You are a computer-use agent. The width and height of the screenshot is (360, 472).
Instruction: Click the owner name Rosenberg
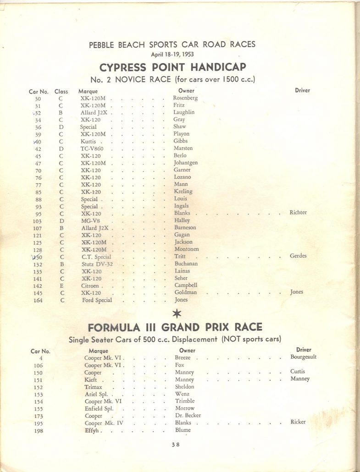click(x=185, y=98)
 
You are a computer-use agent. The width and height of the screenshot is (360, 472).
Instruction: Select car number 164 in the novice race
click(x=38, y=300)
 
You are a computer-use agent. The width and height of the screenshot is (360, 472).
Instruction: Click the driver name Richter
click(x=298, y=213)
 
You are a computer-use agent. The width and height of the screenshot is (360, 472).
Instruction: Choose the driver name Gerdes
click(x=298, y=256)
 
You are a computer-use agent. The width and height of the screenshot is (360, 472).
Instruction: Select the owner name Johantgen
click(x=186, y=163)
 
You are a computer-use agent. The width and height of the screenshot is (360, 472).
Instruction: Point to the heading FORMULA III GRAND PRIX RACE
click(x=175, y=328)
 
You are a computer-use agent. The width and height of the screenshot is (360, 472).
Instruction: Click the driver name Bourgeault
click(x=303, y=357)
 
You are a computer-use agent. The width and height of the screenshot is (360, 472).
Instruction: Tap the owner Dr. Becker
click(x=188, y=416)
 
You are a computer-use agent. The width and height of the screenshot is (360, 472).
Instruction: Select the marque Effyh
click(x=92, y=430)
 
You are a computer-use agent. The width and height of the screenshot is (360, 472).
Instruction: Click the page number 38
click(x=176, y=444)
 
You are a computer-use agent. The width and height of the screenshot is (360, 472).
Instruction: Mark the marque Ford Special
click(x=96, y=300)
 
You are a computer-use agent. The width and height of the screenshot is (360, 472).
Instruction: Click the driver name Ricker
click(x=298, y=422)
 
